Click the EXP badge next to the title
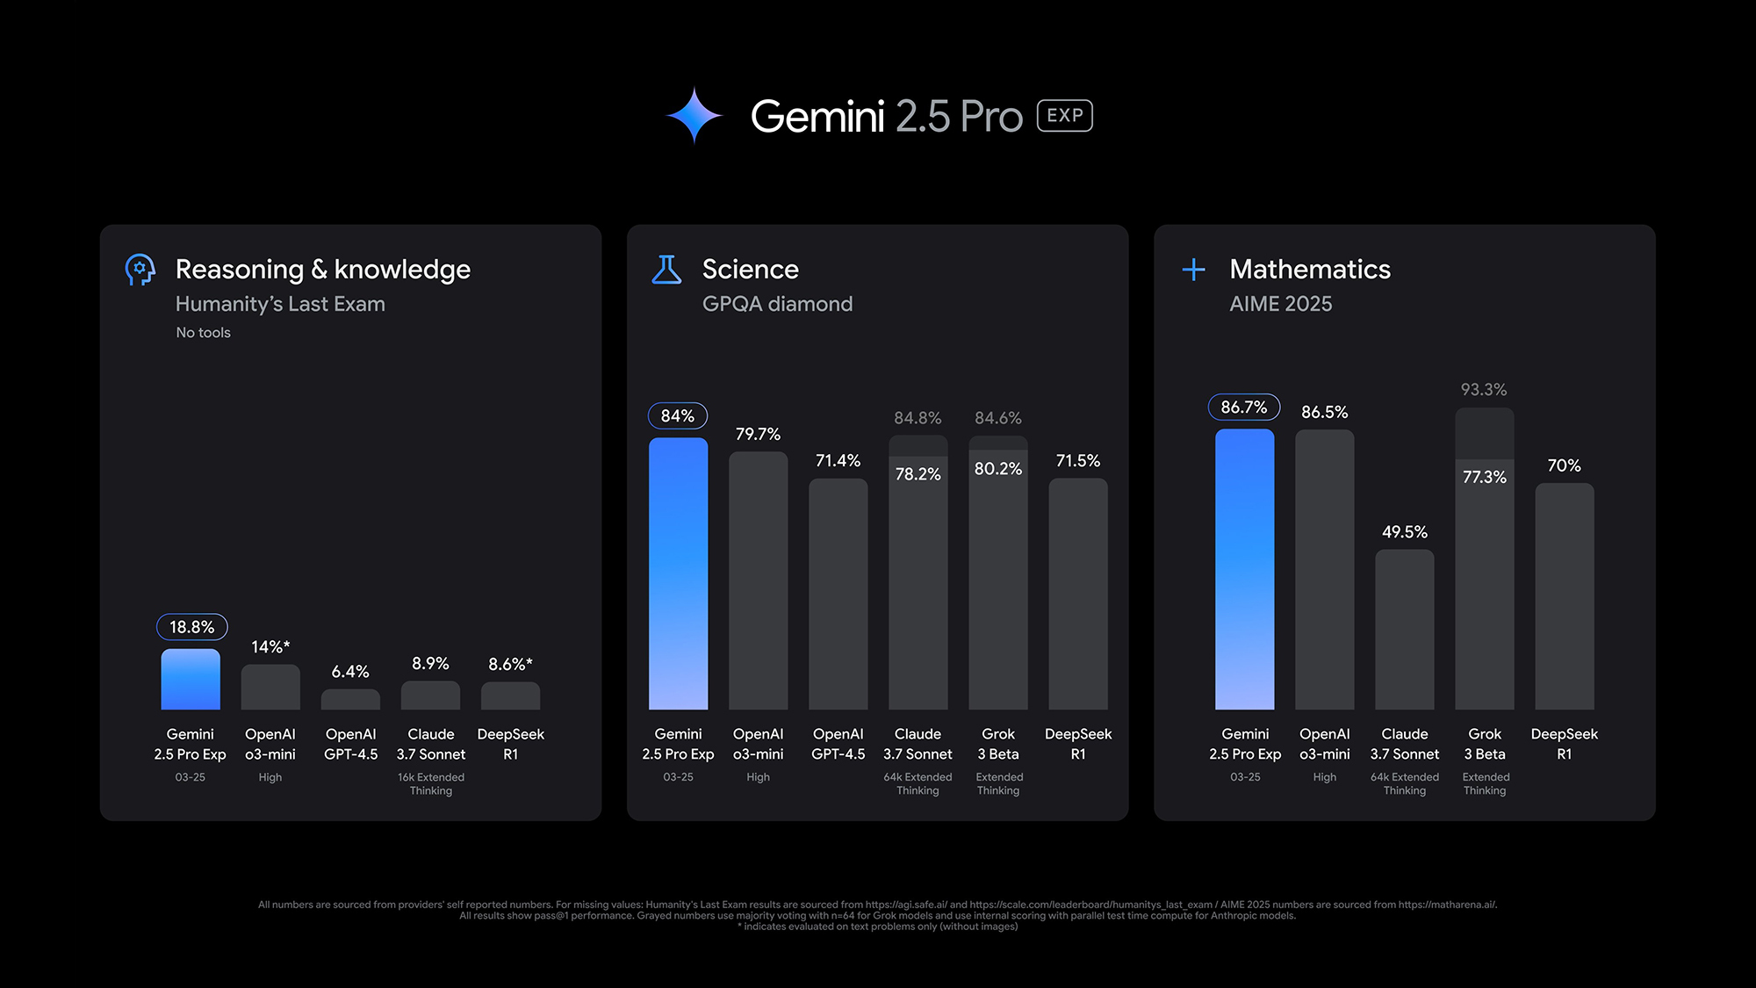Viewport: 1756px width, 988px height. (x=1064, y=116)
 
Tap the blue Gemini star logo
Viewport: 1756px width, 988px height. (x=694, y=115)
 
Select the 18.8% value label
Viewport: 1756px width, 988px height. (x=191, y=627)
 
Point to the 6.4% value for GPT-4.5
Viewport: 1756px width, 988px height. (x=350, y=672)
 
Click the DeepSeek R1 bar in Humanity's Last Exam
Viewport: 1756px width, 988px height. (x=510, y=696)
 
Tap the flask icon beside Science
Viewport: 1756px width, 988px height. (x=666, y=270)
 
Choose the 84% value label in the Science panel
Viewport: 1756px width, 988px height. (x=677, y=416)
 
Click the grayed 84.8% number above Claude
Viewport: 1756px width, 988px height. (x=918, y=418)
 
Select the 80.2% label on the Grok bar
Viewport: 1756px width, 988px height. (x=998, y=469)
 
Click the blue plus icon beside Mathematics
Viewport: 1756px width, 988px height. (x=1193, y=270)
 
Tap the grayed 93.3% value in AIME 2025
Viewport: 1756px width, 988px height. (x=1484, y=390)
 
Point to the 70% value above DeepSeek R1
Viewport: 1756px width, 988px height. (x=1564, y=465)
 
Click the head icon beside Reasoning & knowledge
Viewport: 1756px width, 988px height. (x=140, y=270)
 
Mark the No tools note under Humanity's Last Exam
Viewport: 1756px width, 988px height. (x=203, y=333)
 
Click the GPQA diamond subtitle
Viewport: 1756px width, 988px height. (x=777, y=304)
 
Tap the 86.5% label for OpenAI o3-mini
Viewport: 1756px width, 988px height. (x=1324, y=413)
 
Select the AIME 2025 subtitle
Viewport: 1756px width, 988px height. (x=1280, y=304)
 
